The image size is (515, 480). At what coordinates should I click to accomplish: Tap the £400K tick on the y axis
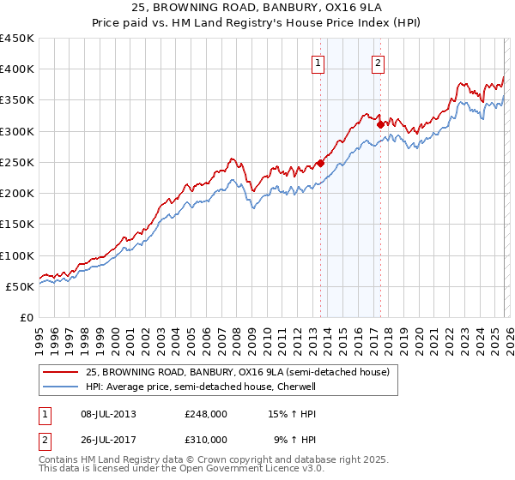17,69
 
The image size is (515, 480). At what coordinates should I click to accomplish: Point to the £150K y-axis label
17,225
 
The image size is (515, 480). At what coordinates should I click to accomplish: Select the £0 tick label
27,318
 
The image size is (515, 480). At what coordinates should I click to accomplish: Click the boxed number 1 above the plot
318,62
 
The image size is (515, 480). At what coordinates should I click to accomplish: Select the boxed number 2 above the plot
378,62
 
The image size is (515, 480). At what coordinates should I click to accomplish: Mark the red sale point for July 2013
320,163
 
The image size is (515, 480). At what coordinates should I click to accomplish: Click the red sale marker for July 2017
380,124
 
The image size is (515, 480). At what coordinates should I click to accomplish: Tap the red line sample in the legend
60,373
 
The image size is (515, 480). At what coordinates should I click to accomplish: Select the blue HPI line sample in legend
60,387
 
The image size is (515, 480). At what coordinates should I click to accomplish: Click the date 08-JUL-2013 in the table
107,414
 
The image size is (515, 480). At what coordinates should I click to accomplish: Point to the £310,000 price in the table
206,439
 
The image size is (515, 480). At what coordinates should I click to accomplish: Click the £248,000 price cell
206,414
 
